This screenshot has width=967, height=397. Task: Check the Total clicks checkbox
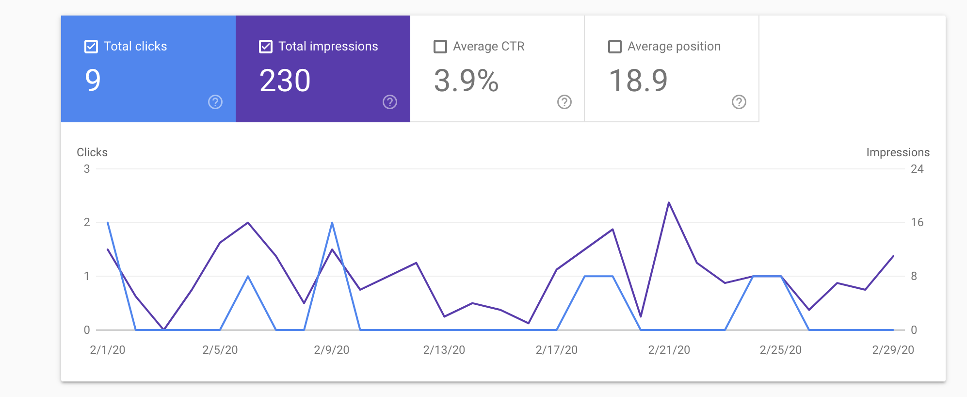pyautogui.click(x=91, y=47)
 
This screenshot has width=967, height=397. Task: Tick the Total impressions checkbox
pyautogui.click(x=266, y=47)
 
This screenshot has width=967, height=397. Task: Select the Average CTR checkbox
pyautogui.click(x=440, y=47)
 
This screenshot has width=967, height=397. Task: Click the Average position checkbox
pyautogui.click(x=615, y=47)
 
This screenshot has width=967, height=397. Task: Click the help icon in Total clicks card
pyautogui.click(x=215, y=102)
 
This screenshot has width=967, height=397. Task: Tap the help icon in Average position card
pyautogui.click(x=739, y=102)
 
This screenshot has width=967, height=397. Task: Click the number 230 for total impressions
pyautogui.click(x=285, y=81)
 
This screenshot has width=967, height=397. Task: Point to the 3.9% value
pyautogui.click(x=467, y=81)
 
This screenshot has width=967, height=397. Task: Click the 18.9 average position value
pyautogui.click(x=638, y=81)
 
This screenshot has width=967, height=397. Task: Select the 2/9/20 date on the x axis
pyautogui.click(x=332, y=350)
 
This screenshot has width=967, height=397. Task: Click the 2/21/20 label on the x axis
pyautogui.click(x=669, y=350)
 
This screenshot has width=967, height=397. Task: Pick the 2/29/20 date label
pyautogui.click(x=893, y=350)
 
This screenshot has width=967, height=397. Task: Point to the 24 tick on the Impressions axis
pyautogui.click(x=917, y=169)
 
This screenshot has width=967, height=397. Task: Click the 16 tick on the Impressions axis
pyautogui.click(x=917, y=222)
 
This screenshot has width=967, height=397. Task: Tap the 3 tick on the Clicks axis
pyautogui.click(x=87, y=169)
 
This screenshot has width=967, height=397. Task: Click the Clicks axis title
pyautogui.click(x=92, y=152)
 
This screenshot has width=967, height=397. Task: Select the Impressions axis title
pyautogui.click(x=898, y=152)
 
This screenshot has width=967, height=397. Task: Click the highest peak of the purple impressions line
pyautogui.click(x=669, y=202)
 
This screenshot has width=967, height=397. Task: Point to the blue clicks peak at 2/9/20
pyautogui.click(x=332, y=223)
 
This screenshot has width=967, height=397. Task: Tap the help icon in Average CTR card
pyautogui.click(x=564, y=102)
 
